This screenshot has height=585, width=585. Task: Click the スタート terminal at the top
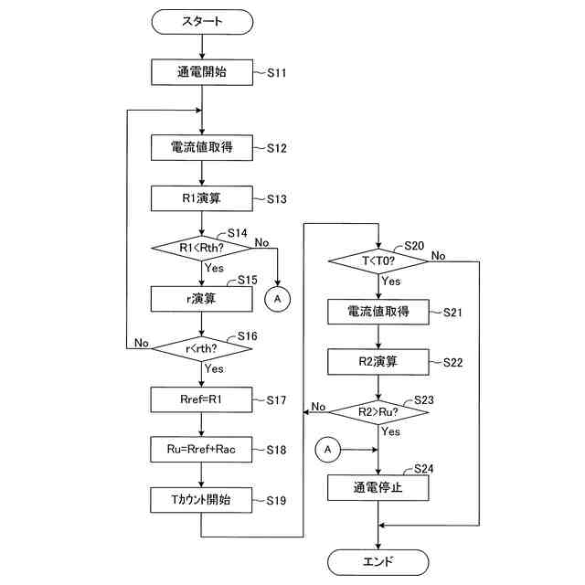point(202,22)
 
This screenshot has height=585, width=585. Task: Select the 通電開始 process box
point(202,72)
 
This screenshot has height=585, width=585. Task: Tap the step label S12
point(276,148)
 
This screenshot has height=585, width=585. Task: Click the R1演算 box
point(202,198)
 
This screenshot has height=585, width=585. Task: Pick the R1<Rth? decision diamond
point(202,248)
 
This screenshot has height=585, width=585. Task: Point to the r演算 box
point(201,299)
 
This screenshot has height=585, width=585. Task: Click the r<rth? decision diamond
point(202,349)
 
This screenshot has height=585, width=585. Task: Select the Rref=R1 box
point(201,399)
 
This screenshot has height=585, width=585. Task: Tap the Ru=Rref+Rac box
point(201,450)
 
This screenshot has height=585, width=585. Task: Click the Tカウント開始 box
point(201,500)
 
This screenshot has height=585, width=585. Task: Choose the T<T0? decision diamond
point(378,261)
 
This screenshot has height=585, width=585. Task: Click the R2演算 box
point(378,362)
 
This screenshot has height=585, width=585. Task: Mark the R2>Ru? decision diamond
point(378,412)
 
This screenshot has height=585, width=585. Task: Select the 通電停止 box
point(378,487)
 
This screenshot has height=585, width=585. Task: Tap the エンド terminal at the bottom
point(378,562)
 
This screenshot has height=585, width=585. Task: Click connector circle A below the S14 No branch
point(277,299)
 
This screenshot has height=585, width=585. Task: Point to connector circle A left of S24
point(327,450)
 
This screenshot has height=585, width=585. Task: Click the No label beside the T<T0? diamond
point(439,256)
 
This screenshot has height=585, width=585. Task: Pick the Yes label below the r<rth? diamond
point(214,369)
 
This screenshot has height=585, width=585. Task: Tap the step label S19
point(276,500)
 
